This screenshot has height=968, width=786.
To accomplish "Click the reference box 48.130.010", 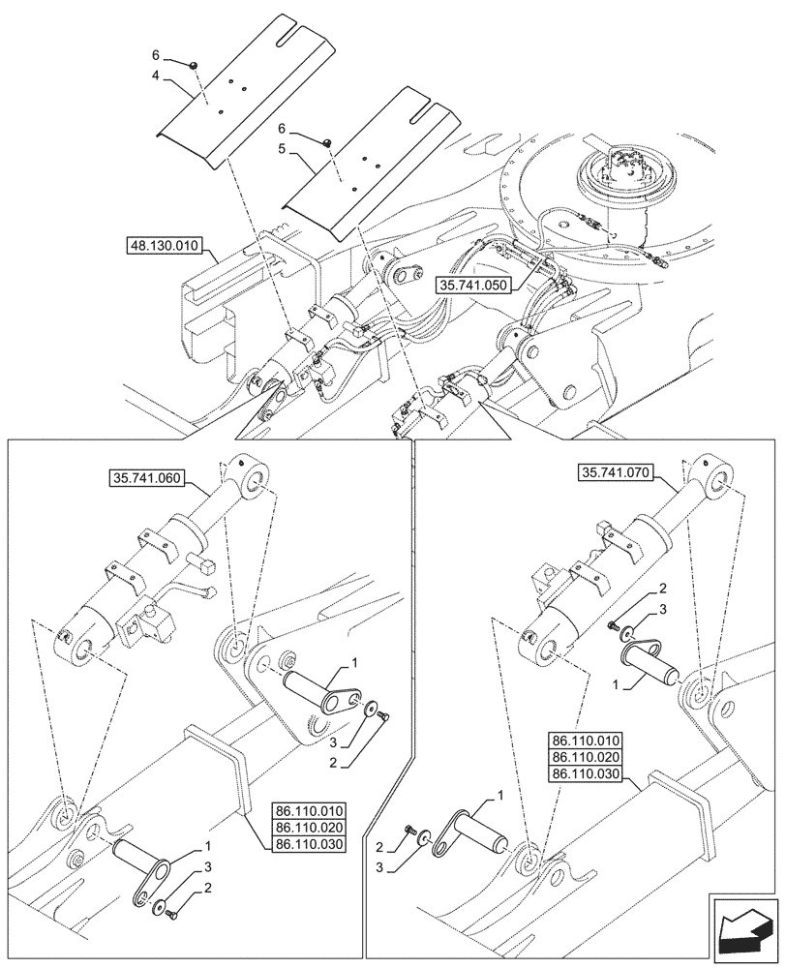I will pos(164,246).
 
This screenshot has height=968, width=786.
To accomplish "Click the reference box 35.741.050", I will pos(475,287).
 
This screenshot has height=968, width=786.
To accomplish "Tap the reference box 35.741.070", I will pos(618,472).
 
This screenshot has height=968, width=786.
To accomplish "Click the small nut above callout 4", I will pos(194,64).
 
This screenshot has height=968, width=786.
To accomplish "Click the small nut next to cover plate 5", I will pos(327,142).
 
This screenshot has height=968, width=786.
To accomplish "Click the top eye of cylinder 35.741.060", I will pos(259,477).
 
